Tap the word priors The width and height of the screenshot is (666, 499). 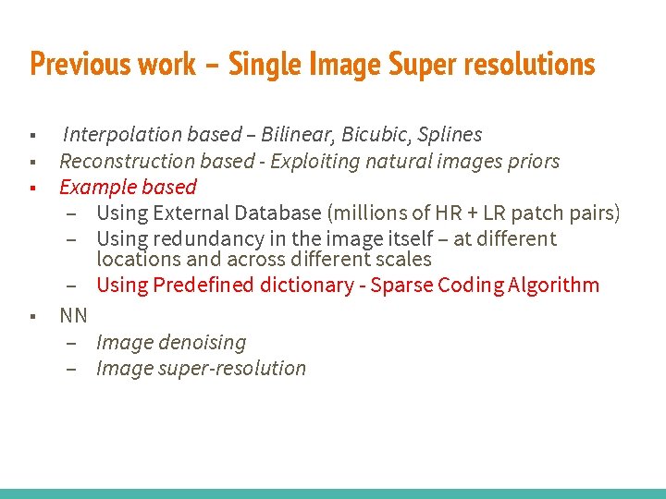click(x=532, y=162)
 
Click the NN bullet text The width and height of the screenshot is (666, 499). click(x=73, y=316)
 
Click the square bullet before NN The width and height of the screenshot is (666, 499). click(x=32, y=316)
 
